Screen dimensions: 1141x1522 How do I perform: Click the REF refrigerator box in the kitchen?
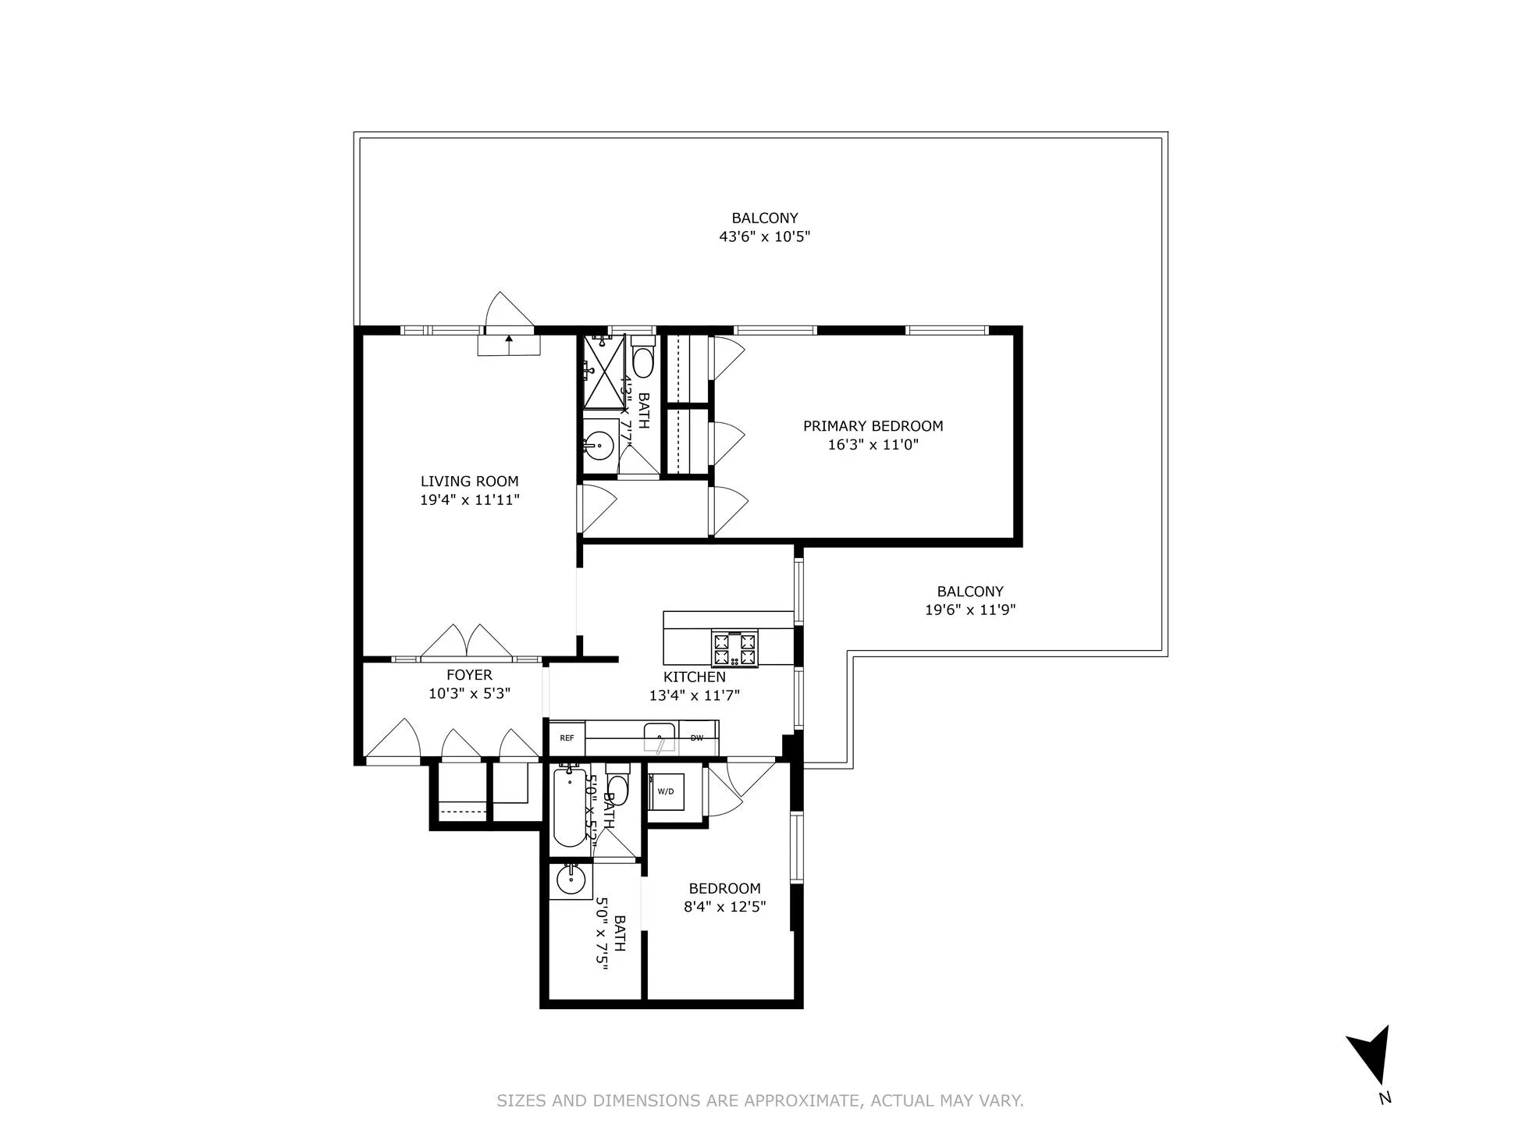567,738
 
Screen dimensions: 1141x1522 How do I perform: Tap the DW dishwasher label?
697,738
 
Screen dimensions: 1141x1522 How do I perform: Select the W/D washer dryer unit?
666,791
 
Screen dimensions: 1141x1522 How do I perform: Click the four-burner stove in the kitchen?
734,649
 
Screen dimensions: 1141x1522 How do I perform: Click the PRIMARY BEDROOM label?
873,426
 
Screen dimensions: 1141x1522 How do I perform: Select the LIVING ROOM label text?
469,482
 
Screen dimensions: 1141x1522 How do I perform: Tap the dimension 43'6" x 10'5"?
764,236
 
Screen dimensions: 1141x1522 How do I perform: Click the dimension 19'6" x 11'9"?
969,610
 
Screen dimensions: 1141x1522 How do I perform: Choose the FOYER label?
469,675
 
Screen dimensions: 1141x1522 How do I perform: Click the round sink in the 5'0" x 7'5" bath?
571,880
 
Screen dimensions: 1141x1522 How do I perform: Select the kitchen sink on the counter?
660,737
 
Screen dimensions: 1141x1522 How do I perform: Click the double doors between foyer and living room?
467,643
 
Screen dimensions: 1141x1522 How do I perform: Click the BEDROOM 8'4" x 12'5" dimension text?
724,907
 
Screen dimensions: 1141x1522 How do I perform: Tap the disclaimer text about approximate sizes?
760,1100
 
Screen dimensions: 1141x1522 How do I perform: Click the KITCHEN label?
694,677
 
